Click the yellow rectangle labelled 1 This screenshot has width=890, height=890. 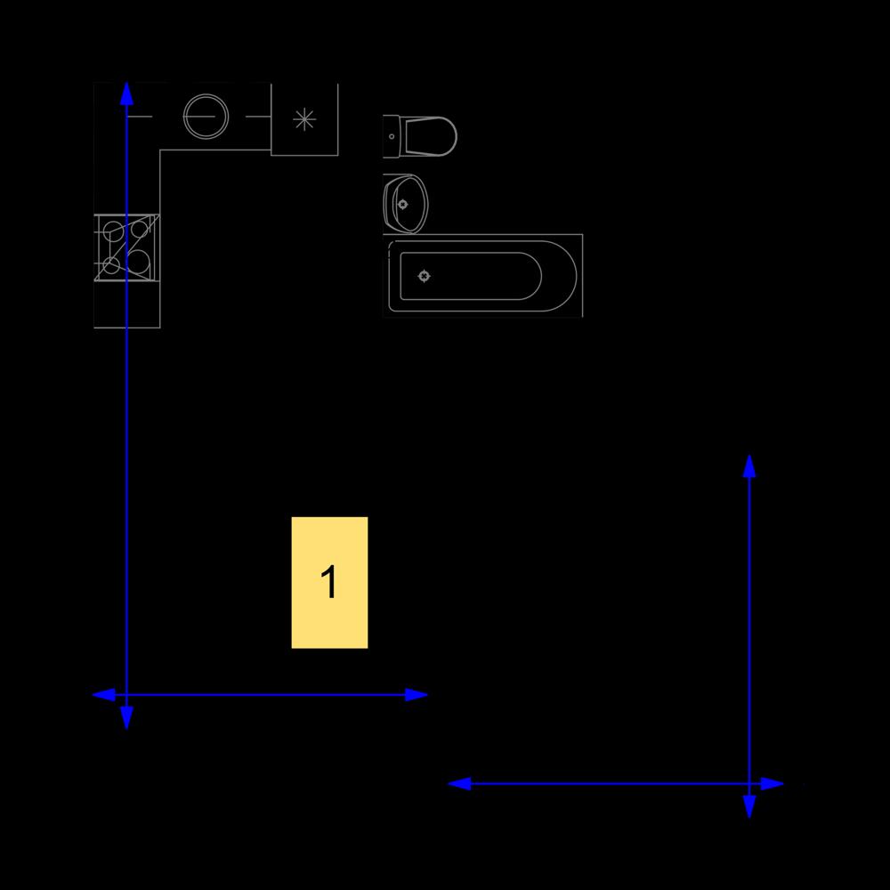click(x=329, y=582)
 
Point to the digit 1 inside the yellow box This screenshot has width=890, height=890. click(x=329, y=582)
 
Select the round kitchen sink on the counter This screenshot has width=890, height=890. click(x=206, y=117)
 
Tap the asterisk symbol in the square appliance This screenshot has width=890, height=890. click(x=304, y=119)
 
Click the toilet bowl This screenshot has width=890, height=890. click(x=429, y=136)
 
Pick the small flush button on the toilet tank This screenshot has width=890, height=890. click(x=392, y=137)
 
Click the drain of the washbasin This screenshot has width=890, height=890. click(x=403, y=205)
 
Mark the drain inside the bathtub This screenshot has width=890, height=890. click(x=424, y=277)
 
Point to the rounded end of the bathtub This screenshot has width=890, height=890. click(x=559, y=277)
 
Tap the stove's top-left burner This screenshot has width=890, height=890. click(x=112, y=231)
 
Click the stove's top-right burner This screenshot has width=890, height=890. click(x=140, y=230)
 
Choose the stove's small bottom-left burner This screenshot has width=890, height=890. click(x=111, y=265)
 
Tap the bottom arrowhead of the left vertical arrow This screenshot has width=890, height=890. click(x=126, y=718)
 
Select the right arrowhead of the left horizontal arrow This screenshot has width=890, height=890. click(x=416, y=695)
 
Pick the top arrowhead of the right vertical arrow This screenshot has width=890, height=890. click(x=749, y=465)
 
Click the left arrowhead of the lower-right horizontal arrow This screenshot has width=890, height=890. click(x=459, y=784)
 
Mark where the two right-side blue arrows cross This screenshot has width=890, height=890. click(x=749, y=784)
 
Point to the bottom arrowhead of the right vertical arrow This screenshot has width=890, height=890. click(x=749, y=807)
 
